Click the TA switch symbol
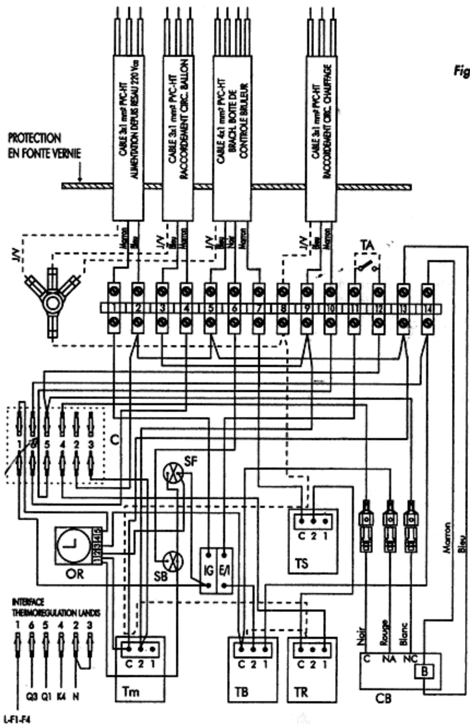point(366,268)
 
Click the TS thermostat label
point(301,564)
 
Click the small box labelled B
point(424,671)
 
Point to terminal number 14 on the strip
point(428,309)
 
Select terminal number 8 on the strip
point(282,309)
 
